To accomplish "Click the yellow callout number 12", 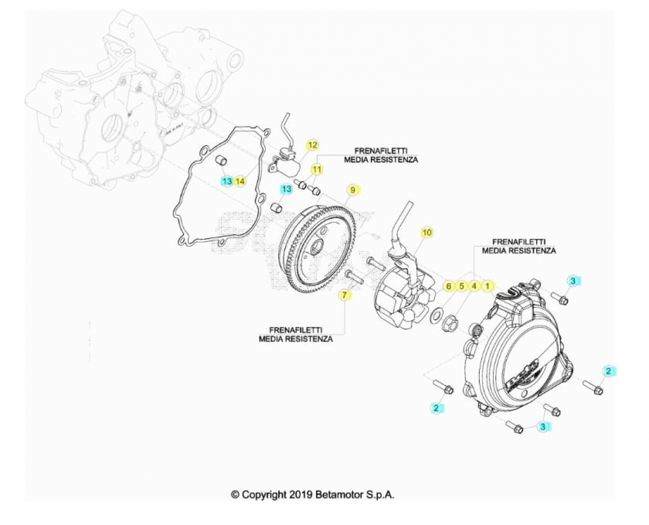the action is click(313, 145).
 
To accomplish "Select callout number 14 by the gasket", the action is click(240, 181).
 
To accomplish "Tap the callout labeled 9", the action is click(353, 190).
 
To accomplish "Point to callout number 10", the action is click(427, 232).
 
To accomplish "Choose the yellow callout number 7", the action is click(345, 295).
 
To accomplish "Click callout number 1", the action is click(487, 286).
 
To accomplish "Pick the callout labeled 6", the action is click(448, 286).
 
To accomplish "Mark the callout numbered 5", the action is click(461, 286).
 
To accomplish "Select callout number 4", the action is click(474, 286).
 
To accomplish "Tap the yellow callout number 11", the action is click(317, 169).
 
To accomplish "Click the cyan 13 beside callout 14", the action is click(227, 181).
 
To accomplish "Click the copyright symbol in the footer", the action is click(235, 495).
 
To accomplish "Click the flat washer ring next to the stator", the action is click(436, 317).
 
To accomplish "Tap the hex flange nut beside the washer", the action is click(450, 323).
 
